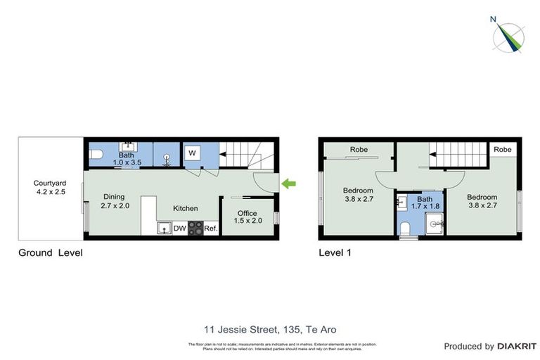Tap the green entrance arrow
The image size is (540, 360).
tap(289, 184)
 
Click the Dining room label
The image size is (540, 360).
tap(114, 201)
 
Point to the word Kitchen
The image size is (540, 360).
tap(186, 208)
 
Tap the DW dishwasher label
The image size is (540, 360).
tap(179, 228)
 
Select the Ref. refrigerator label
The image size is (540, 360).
tap(211, 228)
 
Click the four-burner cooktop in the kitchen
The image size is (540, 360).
tap(195, 228)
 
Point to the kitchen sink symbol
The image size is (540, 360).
tap(164, 228)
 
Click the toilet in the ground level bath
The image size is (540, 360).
tap(96, 155)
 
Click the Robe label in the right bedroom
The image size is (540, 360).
tap(502, 150)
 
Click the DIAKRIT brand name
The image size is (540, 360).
tap(516, 346)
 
